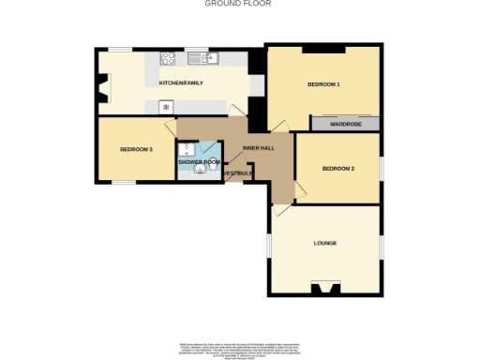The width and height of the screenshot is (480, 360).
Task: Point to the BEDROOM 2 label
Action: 337,169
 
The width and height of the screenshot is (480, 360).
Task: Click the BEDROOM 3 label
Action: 137,149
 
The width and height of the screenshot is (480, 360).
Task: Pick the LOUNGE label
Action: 324,244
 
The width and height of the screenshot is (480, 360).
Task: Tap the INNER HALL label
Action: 258,149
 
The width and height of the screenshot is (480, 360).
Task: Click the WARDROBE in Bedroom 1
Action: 346,124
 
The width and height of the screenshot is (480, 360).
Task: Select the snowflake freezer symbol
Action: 166,107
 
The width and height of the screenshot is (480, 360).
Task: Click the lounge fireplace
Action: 325,288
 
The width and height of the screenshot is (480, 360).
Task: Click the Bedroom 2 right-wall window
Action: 382,168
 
